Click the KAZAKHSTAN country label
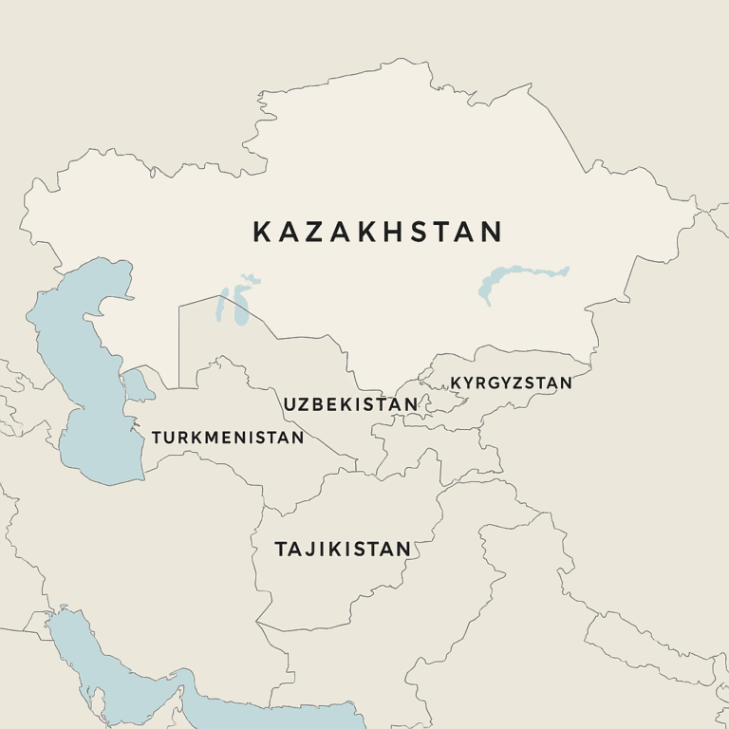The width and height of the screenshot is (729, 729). [x=377, y=232]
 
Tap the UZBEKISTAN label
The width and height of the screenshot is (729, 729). [x=350, y=404]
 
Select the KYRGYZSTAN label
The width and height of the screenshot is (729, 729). [x=511, y=383]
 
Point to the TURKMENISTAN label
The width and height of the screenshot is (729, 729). [x=228, y=438]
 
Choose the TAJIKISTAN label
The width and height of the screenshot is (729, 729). [x=343, y=549]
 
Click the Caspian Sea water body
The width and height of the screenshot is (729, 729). [x=81, y=380]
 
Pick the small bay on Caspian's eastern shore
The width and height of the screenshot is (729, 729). [x=139, y=383]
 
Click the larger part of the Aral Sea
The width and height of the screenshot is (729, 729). [x=228, y=308]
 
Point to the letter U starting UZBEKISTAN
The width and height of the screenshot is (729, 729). [x=290, y=404]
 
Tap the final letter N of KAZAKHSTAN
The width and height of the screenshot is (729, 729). [x=491, y=232]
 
